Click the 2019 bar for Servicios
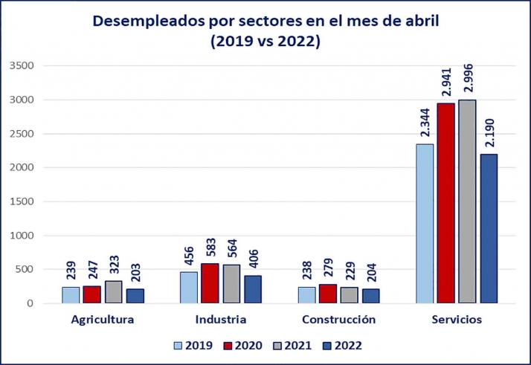[x=425, y=224]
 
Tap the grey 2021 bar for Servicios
[x=467, y=201]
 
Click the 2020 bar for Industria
[x=210, y=283]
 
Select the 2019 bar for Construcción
[x=306, y=295]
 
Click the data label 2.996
[x=467, y=74]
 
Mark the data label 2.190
[x=489, y=129]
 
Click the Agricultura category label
[x=103, y=320]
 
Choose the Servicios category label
[x=457, y=320]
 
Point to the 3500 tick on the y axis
[x=22, y=65]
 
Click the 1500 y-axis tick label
[x=22, y=201]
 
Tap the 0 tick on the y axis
[x=30, y=303]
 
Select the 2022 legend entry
[x=343, y=346]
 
